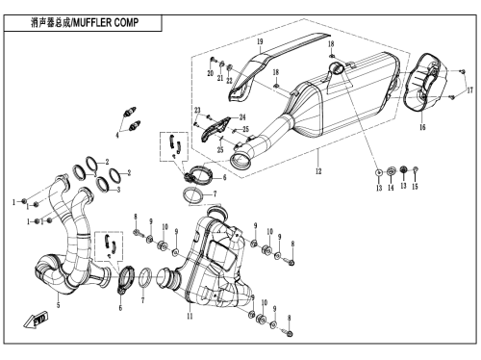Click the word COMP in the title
pos(126,23)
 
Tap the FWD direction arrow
pos(36,320)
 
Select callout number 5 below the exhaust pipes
pos(58,304)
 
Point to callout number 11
pos(190,316)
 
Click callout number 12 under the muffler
pos(318,171)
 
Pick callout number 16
pos(422,127)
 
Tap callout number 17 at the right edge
pos(469,90)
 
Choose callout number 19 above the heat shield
pos(260,41)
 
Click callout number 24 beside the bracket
pos(242,117)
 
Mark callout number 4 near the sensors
pos(117,136)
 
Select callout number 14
pos(391,188)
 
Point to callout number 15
pos(415,186)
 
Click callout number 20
pos(211,73)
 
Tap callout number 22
pos(229,80)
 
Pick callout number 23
pos(197,111)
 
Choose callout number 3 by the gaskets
pos(118,190)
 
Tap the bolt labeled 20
pos(213,60)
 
